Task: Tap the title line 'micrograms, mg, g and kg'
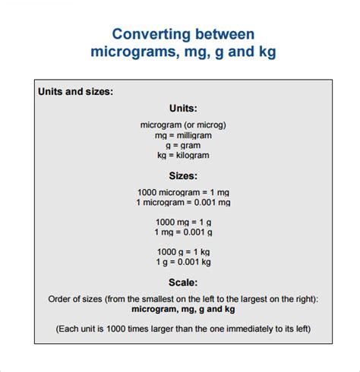coord(183,52)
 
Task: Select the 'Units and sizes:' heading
coord(76,92)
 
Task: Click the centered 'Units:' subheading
coord(183,109)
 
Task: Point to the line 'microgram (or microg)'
coord(183,125)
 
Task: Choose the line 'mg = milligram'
coord(183,134)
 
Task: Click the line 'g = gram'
coord(183,144)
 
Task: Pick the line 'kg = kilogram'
coord(183,155)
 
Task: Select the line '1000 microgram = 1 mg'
coord(183,193)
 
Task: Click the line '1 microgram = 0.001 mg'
coord(183,203)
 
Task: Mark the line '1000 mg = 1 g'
coord(183,222)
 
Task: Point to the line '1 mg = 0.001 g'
coord(183,232)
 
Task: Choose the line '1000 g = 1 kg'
coord(183,251)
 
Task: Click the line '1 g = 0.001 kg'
coord(183,261)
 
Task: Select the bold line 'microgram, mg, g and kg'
coord(183,310)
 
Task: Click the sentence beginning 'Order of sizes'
coord(183,299)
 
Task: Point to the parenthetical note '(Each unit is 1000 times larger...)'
coord(183,329)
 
